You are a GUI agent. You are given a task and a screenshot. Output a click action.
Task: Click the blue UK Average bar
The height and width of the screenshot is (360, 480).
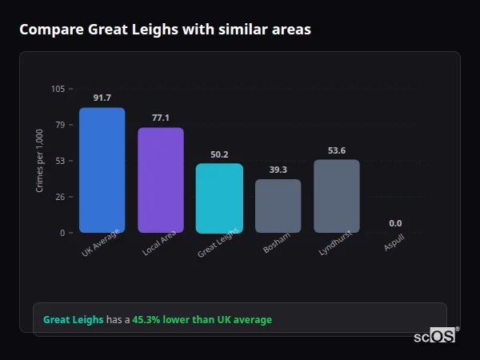(x=102, y=170)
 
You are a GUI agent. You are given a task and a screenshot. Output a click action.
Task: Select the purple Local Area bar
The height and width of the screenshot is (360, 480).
(x=160, y=180)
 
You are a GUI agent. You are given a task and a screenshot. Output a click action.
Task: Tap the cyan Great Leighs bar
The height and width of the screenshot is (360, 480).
(x=219, y=198)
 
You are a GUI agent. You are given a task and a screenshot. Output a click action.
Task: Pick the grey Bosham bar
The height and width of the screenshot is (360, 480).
(x=278, y=206)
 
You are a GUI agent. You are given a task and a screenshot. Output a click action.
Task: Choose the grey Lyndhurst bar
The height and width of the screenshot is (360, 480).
(x=337, y=196)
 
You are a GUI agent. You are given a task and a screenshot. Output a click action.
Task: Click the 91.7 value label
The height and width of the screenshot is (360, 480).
(x=102, y=98)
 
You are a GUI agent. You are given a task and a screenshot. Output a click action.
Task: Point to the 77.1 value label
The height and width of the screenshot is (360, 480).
(x=160, y=118)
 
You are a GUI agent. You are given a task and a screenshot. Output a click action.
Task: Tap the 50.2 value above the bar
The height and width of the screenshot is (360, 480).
(x=219, y=154)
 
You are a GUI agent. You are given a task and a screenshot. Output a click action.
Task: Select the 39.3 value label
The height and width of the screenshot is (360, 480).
(x=278, y=170)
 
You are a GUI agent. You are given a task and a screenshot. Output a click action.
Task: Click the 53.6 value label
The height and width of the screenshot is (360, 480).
(x=337, y=150)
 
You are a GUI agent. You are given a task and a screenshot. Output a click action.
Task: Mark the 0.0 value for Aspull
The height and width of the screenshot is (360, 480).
(x=395, y=223)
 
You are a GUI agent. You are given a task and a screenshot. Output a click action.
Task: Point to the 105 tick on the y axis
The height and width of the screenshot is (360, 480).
(x=58, y=89)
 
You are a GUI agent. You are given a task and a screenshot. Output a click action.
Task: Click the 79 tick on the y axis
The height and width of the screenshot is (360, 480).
(x=59, y=125)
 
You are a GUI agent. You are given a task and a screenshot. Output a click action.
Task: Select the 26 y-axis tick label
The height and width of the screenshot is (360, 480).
(x=59, y=197)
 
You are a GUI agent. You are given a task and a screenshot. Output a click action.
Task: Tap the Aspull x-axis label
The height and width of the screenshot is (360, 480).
(x=394, y=243)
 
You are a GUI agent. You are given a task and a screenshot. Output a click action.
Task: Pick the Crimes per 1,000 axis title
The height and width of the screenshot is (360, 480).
(x=40, y=160)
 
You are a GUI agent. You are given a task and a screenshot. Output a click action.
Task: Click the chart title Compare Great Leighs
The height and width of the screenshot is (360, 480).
(x=165, y=30)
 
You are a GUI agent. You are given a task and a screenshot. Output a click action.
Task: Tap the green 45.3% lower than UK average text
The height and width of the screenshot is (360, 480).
(x=202, y=320)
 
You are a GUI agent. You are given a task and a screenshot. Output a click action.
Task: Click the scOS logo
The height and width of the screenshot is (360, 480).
(x=434, y=337)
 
